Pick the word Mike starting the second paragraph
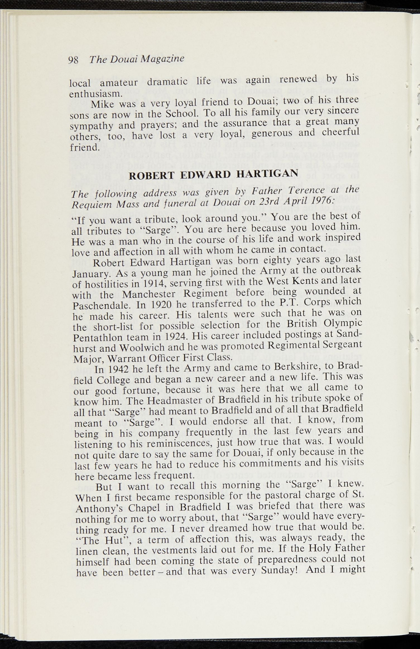coord(102,104)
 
